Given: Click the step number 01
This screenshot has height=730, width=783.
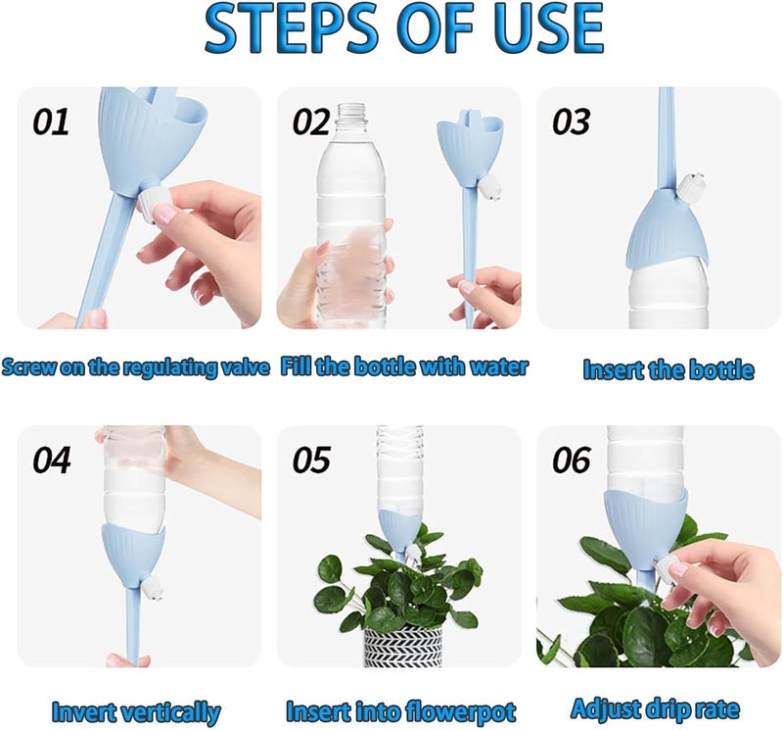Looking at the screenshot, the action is point(51,122).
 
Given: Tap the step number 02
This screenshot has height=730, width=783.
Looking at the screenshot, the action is point(311,122).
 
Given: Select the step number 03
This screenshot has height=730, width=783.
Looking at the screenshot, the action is point(571,122).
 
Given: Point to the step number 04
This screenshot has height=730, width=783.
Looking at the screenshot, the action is point(52,460).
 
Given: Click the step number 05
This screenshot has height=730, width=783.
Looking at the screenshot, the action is point(311,460).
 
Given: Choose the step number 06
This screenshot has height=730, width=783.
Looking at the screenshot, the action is point(572,460).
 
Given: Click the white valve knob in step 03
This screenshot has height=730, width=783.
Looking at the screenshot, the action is point(690,185).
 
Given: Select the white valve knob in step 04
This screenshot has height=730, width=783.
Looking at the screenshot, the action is point(153,589).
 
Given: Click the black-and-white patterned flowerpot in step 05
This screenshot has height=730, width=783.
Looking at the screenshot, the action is point(402,647).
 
